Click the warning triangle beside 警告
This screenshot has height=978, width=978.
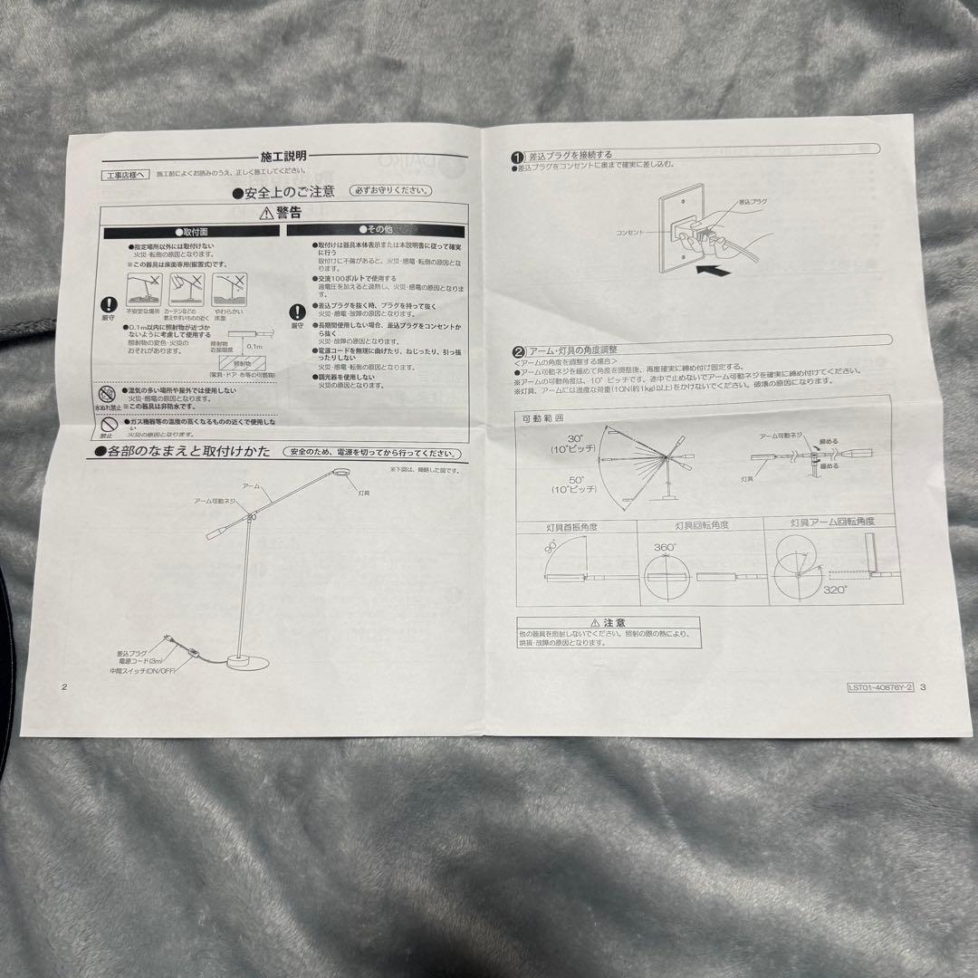click(265, 213)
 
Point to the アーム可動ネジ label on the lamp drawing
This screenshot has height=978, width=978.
click(216, 500)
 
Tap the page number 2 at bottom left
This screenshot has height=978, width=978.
click(64, 686)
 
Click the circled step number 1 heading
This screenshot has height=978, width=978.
click(517, 155)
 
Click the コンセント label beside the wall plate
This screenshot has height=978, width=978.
click(632, 233)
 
